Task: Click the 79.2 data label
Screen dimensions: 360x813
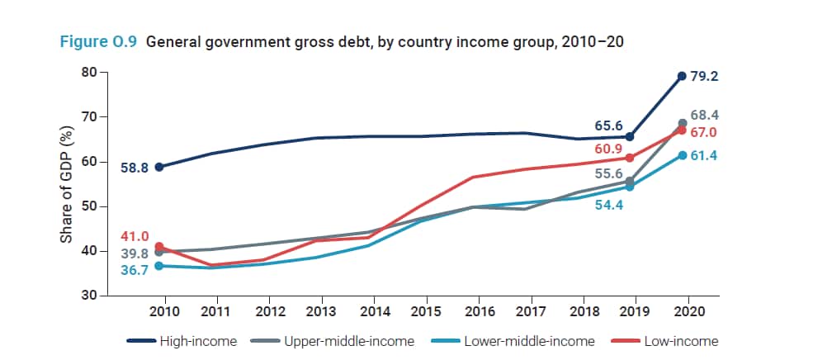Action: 705,76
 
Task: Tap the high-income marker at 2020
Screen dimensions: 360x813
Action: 682,76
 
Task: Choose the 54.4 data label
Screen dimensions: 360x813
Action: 608,204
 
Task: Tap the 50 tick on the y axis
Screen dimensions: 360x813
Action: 87,206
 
